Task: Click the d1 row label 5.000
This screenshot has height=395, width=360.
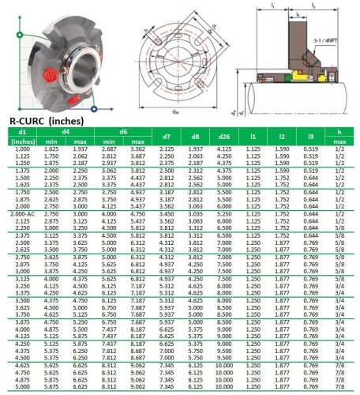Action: click(22, 387)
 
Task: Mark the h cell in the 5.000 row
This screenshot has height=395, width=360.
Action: click(338, 387)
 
